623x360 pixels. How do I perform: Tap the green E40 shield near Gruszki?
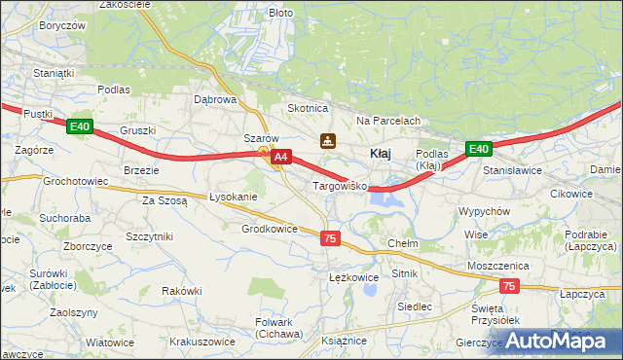click(x=80, y=126)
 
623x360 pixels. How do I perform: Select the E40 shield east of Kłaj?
click(x=477, y=149)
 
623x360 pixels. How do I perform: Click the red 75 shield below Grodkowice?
click(x=330, y=238)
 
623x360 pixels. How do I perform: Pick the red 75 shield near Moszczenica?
click(x=509, y=286)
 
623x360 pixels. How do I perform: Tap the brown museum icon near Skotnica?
click(x=328, y=140)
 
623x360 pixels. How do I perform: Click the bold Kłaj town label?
click(x=382, y=154)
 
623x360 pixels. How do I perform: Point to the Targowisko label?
click(x=338, y=185)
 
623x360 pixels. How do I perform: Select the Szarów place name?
click(x=261, y=138)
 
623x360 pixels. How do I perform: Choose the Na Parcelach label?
click(x=387, y=121)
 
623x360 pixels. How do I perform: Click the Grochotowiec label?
click(x=75, y=181)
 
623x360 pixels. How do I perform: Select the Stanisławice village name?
click(x=512, y=169)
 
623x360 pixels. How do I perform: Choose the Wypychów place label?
click(x=484, y=211)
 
